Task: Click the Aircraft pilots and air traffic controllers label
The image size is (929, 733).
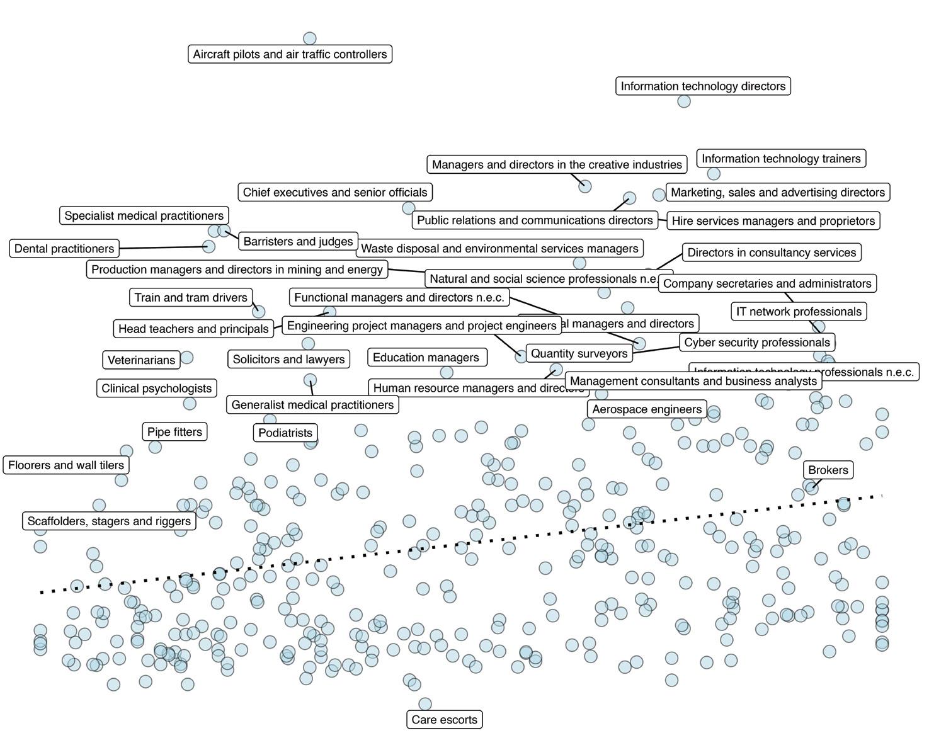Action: point(290,54)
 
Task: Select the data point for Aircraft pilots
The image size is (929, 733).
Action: point(309,39)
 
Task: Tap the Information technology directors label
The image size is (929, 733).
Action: point(703,86)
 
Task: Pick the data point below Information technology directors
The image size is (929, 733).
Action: point(683,101)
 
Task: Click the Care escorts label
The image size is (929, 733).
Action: point(444,719)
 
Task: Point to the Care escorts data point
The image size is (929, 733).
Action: point(425,703)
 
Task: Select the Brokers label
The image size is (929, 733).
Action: point(828,470)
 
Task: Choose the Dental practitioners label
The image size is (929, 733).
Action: point(64,248)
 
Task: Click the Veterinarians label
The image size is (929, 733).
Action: point(141,360)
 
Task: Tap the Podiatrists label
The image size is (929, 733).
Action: point(285,433)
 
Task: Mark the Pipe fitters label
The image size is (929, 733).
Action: point(174,432)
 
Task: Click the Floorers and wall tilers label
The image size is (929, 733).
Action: point(66,465)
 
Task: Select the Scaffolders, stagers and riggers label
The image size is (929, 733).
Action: point(109,521)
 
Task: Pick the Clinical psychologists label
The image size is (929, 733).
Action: point(157,388)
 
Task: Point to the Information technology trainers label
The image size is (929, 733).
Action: point(781,159)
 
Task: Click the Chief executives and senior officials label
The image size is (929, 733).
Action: point(335,192)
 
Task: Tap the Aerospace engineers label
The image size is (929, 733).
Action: point(647,409)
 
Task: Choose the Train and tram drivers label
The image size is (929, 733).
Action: point(191,297)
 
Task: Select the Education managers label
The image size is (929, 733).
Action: point(426,357)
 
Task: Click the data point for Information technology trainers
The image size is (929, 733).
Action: point(713,173)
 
